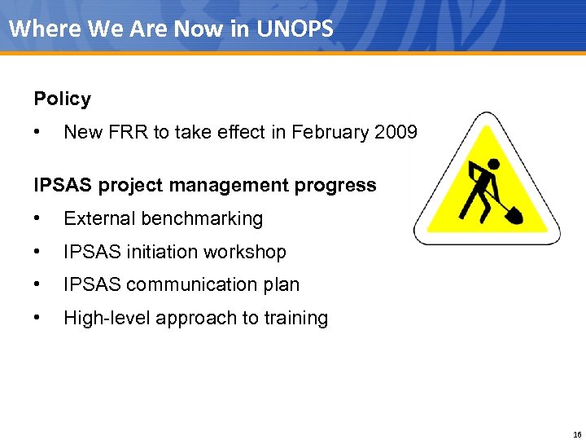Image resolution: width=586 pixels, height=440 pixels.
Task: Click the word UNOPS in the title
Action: click(x=295, y=29)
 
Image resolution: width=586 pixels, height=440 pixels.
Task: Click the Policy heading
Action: click(x=63, y=99)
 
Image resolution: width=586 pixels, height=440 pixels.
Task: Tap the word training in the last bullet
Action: click(x=295, y=319)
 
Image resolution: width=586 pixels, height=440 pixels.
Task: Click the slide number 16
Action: click(x=577, y=433)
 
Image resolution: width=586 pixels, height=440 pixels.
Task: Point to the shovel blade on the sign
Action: click(x=514, y=215)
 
